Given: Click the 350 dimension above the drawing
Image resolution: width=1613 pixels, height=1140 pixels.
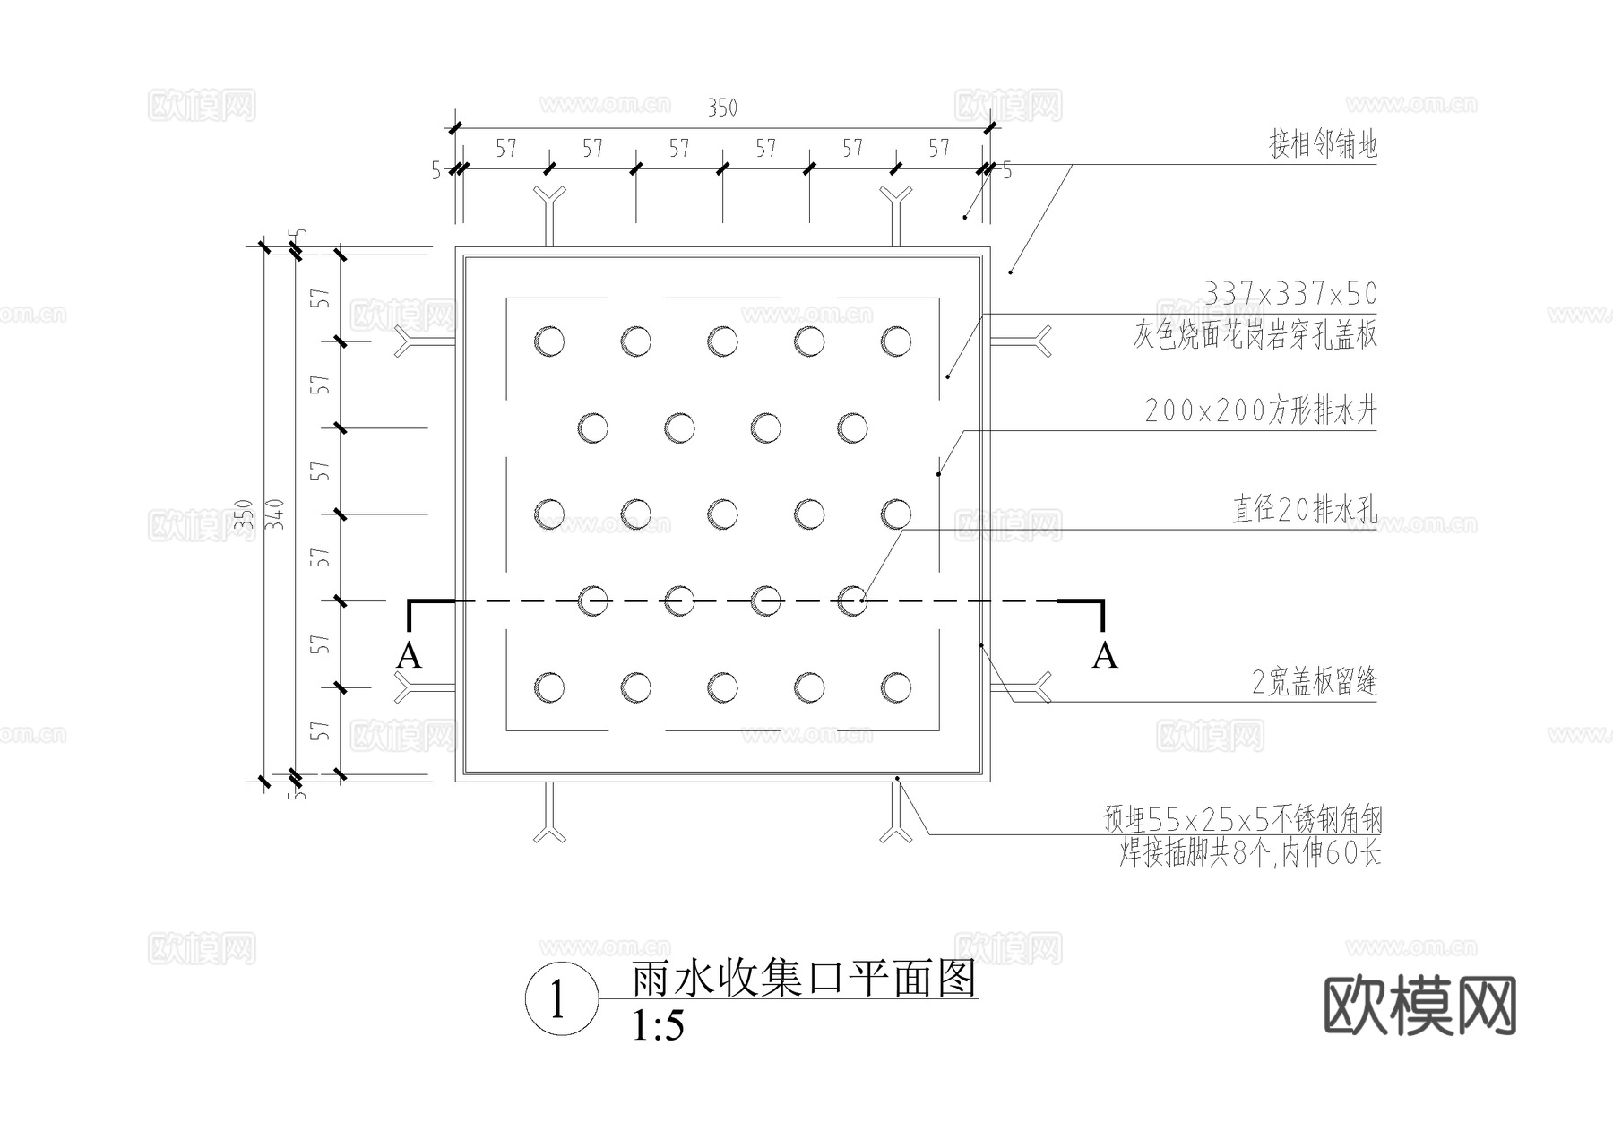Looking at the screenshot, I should coord(722,108).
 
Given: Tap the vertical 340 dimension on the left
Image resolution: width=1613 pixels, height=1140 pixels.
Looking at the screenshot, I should coord(277,514).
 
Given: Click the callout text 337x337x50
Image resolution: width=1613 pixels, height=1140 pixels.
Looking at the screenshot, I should coord(1290,294).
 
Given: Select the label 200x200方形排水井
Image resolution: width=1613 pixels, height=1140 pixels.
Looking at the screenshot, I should coord(1260,411).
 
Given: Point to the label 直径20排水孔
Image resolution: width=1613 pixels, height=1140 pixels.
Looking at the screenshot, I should coord(1304,510).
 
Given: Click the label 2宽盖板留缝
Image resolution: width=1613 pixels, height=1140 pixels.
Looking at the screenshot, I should coord(1314,683).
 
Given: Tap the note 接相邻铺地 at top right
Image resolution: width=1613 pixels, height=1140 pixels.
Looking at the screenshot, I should coord(1323,144).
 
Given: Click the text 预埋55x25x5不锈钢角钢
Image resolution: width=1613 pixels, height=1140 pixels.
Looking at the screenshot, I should coord(1242,819).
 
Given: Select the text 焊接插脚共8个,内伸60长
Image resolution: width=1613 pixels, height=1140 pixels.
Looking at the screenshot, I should coord(1249,853).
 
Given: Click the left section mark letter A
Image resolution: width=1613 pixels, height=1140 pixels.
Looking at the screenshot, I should coord(409,656).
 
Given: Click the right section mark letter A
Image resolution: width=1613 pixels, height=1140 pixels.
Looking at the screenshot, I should coord(1105,656).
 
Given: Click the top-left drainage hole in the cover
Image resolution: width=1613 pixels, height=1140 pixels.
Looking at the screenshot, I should coord(549,341).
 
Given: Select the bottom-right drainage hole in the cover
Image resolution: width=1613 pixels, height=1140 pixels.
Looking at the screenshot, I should coord(896,687).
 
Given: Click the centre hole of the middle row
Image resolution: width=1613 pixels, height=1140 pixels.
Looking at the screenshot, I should coord(722,514).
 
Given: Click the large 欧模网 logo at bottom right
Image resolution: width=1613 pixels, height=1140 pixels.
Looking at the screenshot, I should coord(1419,1006).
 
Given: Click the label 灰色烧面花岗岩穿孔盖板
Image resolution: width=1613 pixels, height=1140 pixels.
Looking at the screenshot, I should coord(1255,335).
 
